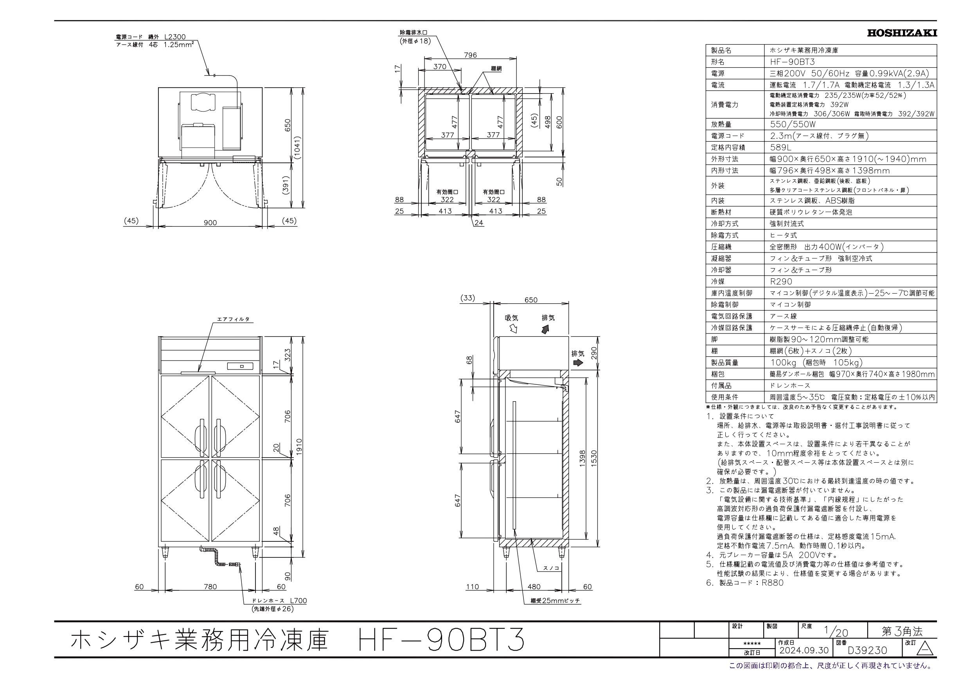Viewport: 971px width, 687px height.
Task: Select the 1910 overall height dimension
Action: pyautogui.click(x=299, y=447)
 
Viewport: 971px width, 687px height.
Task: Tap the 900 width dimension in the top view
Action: pyautogui.click(x=210, y=223)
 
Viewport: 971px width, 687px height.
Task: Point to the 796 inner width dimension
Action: pyautogui.click(x=470, y=55)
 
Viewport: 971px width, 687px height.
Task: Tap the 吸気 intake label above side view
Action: pyautogui.click(x=511, y=318)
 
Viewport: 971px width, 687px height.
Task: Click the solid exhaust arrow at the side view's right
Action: pyautogui.click(x=578, y=363)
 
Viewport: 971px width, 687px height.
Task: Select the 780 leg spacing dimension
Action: pyautogui.click(x=210, y=587)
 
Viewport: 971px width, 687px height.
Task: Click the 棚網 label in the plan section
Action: pyautogui.click(x=496, y=68)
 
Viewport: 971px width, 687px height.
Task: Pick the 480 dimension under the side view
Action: pyautogui.click(x=534, y=587)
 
